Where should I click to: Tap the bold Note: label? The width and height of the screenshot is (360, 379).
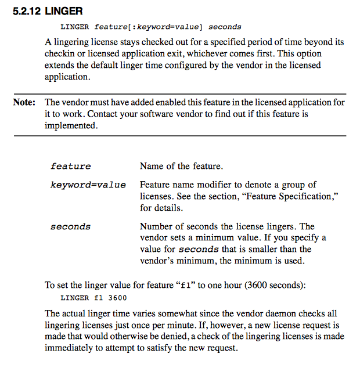[24, 103]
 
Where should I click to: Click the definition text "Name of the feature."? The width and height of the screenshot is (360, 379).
[181, 167]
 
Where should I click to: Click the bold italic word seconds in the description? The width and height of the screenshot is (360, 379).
[199, 250]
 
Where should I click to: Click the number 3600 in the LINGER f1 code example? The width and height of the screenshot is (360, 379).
[117, 298]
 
